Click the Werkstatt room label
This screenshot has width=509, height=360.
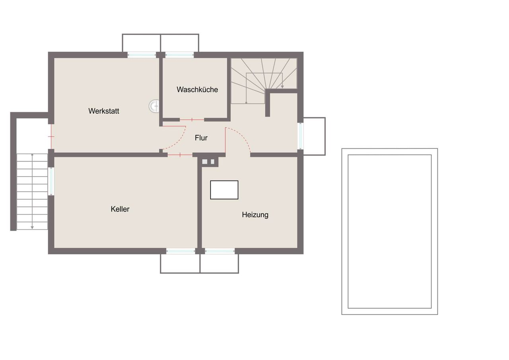pyautogui.click(x=104, y=111)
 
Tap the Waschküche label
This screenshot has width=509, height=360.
pyautogui.click(x=197, y=90)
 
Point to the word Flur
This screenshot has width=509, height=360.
pyautogui.click(x=201, y=138)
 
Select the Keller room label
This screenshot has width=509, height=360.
pyautogui.click(x=120, y=209)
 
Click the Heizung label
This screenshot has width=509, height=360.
pyautogui.click(x=255, y=215)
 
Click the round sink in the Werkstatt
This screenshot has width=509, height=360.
pyautogui.click(x=154, y=106)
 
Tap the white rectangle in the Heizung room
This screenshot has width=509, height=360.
pyautogui.click(x=224, y=190)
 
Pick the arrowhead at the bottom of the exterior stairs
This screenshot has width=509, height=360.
pyautogui.click(x=32, y=228)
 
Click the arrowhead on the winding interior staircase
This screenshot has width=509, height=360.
pyautogui.click(x=282, y=87)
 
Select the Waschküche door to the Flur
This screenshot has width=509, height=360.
pyautogui.click(x=192, y=120)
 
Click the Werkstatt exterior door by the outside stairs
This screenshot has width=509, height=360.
pyautogui.click(x=51, y=136)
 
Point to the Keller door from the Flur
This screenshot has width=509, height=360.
pyautogui.click(x=180, y=155)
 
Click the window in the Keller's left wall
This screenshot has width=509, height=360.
pyautogui.click(x=51, y=181)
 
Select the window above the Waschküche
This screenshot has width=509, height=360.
pyautogui.click(x=179, y=55)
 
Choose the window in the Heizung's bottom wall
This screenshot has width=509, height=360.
pyautogui.click(x=220, y=251)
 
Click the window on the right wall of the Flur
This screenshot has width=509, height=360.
pyautogui.click(x=300, y=136)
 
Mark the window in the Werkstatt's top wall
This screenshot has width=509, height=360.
pyautogui.click(x=142, y=55)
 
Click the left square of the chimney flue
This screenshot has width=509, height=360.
pyautogui.click(x=205, y=162)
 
